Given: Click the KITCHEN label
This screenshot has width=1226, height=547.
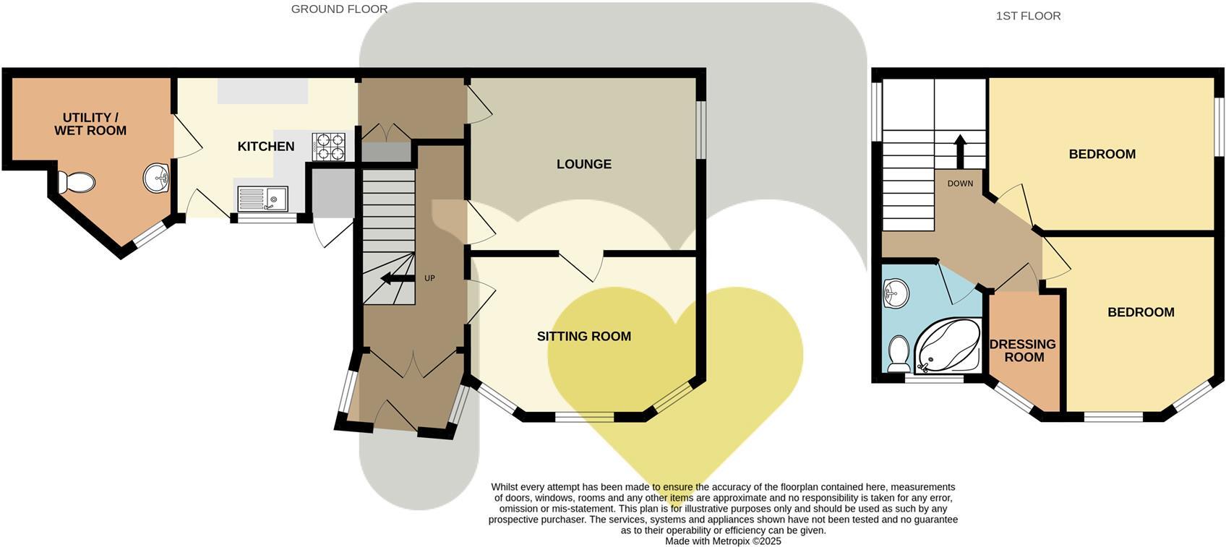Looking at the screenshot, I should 266,147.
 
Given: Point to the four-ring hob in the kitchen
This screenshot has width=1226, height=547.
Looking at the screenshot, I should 330,147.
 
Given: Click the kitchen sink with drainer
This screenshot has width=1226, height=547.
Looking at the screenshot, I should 262,199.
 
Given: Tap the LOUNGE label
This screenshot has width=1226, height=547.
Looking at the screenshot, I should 584,165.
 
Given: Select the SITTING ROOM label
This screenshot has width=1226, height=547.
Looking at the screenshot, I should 584,337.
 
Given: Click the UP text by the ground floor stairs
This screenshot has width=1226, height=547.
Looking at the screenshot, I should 429,278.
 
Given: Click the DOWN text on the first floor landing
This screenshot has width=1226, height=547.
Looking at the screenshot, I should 960,184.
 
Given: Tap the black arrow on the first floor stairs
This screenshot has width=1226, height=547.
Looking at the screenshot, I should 960,150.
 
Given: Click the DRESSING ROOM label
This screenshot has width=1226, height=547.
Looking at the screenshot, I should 1023,351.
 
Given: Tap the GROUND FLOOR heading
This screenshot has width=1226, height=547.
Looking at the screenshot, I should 339,9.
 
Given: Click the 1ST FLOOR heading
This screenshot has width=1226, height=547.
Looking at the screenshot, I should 1028,16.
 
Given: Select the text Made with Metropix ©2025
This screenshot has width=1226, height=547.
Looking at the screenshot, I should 723,540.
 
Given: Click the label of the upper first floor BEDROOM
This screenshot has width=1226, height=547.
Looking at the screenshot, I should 1102,155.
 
